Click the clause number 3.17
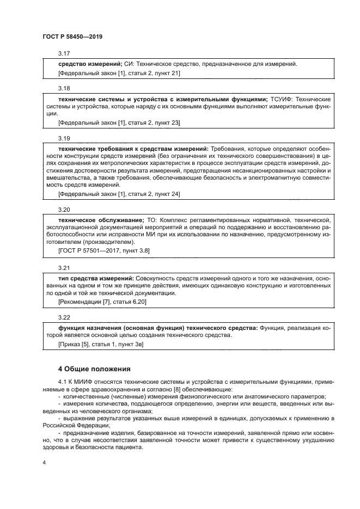[x=64, y=54]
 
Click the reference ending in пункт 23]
[x=119, y=122]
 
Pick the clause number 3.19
[x=64, y=139]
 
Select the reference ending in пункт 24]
[x=119, y=194]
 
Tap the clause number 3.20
[x=64, y=210]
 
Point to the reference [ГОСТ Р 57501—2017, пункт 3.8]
[x=103, y=250]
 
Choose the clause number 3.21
[x=64, y=268]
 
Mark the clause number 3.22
[x=64, y=317]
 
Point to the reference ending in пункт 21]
[x=119, y=73]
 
